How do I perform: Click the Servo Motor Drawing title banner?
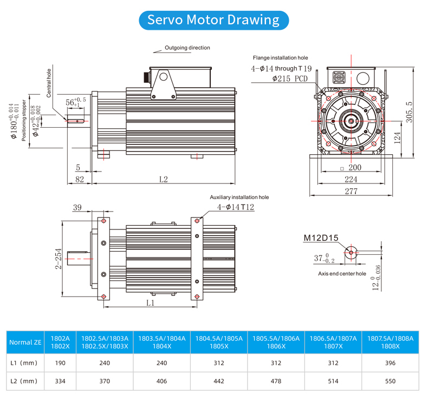click(x=213, y=20)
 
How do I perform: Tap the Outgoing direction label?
click(x=187, y=48)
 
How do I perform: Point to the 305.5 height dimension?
click(x=409, y=110)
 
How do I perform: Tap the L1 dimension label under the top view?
click(x=151, y=303)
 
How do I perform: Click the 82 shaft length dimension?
click(x=79, y=179)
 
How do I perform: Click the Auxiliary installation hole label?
click(x=239, y=198)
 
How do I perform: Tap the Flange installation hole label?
click(x=280, y=57)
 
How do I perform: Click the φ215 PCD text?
click(x=289, y=78)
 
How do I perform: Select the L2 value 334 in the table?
click(x=60, y=381)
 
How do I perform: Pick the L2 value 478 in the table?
click(x=276, y=381)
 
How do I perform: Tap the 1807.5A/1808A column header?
click(x=391, y=342)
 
